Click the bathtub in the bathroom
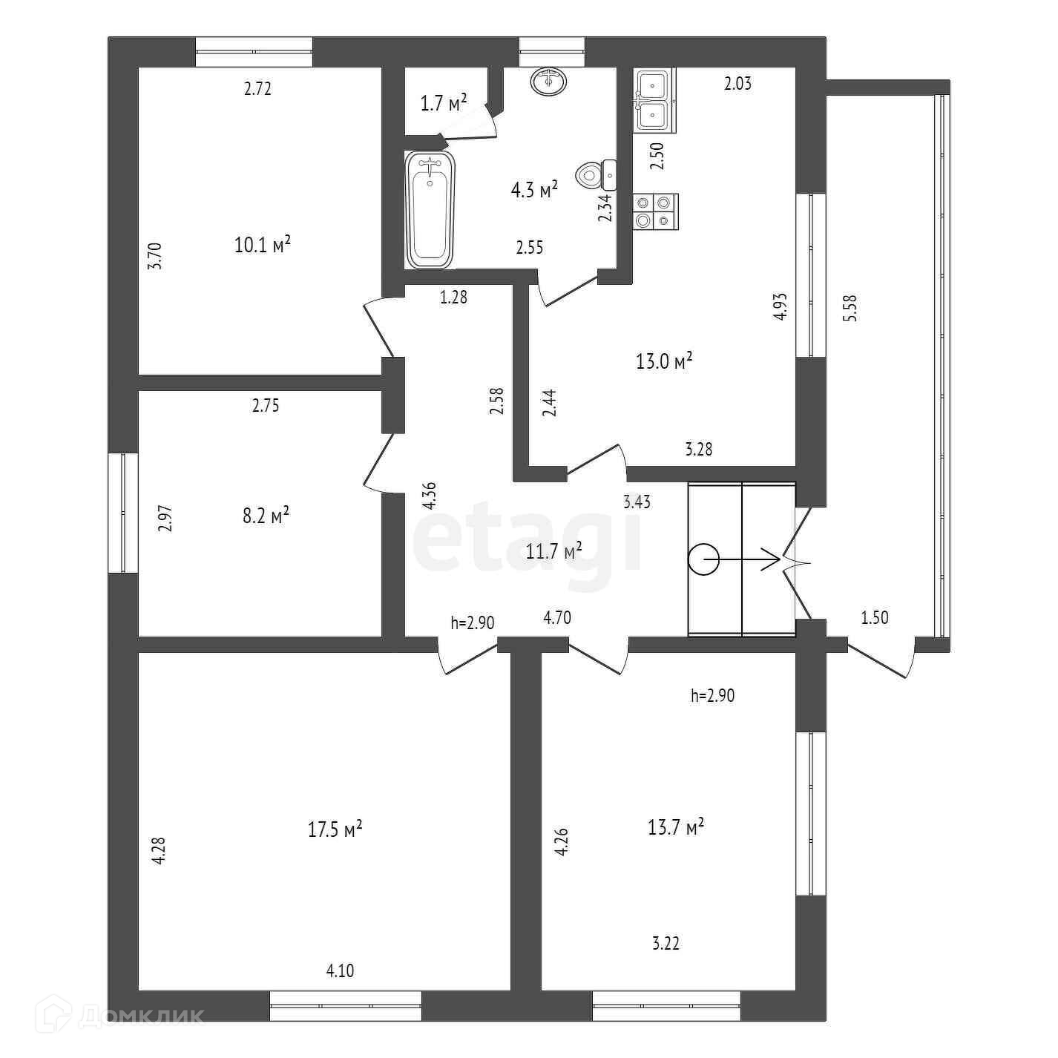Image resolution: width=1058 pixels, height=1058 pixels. [430, 209]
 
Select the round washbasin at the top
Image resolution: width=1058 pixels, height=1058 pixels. [549, 81]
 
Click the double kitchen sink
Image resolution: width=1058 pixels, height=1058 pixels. [654, 100]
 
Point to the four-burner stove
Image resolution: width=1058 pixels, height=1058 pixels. [655, 211]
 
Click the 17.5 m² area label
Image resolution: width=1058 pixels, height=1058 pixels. [335, 829]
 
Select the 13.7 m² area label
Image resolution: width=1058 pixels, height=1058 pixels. [675, 827]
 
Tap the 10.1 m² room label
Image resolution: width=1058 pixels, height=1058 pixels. [262, 245]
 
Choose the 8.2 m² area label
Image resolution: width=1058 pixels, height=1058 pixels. [266, 516]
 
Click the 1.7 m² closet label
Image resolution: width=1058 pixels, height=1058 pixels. [444, 102]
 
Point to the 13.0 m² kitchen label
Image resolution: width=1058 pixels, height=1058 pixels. [664, 361]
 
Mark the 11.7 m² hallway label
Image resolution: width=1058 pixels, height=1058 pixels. [553, 551]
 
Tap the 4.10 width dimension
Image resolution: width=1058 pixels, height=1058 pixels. [340, 970]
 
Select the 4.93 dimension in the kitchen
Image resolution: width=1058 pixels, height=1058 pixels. [780, 306]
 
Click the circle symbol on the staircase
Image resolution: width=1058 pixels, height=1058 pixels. [703, 560]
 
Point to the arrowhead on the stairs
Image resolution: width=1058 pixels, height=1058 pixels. [771, 560]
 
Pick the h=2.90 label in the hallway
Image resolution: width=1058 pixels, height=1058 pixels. [473, 622]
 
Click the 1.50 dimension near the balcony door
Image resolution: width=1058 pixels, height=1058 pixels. [875, 617]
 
